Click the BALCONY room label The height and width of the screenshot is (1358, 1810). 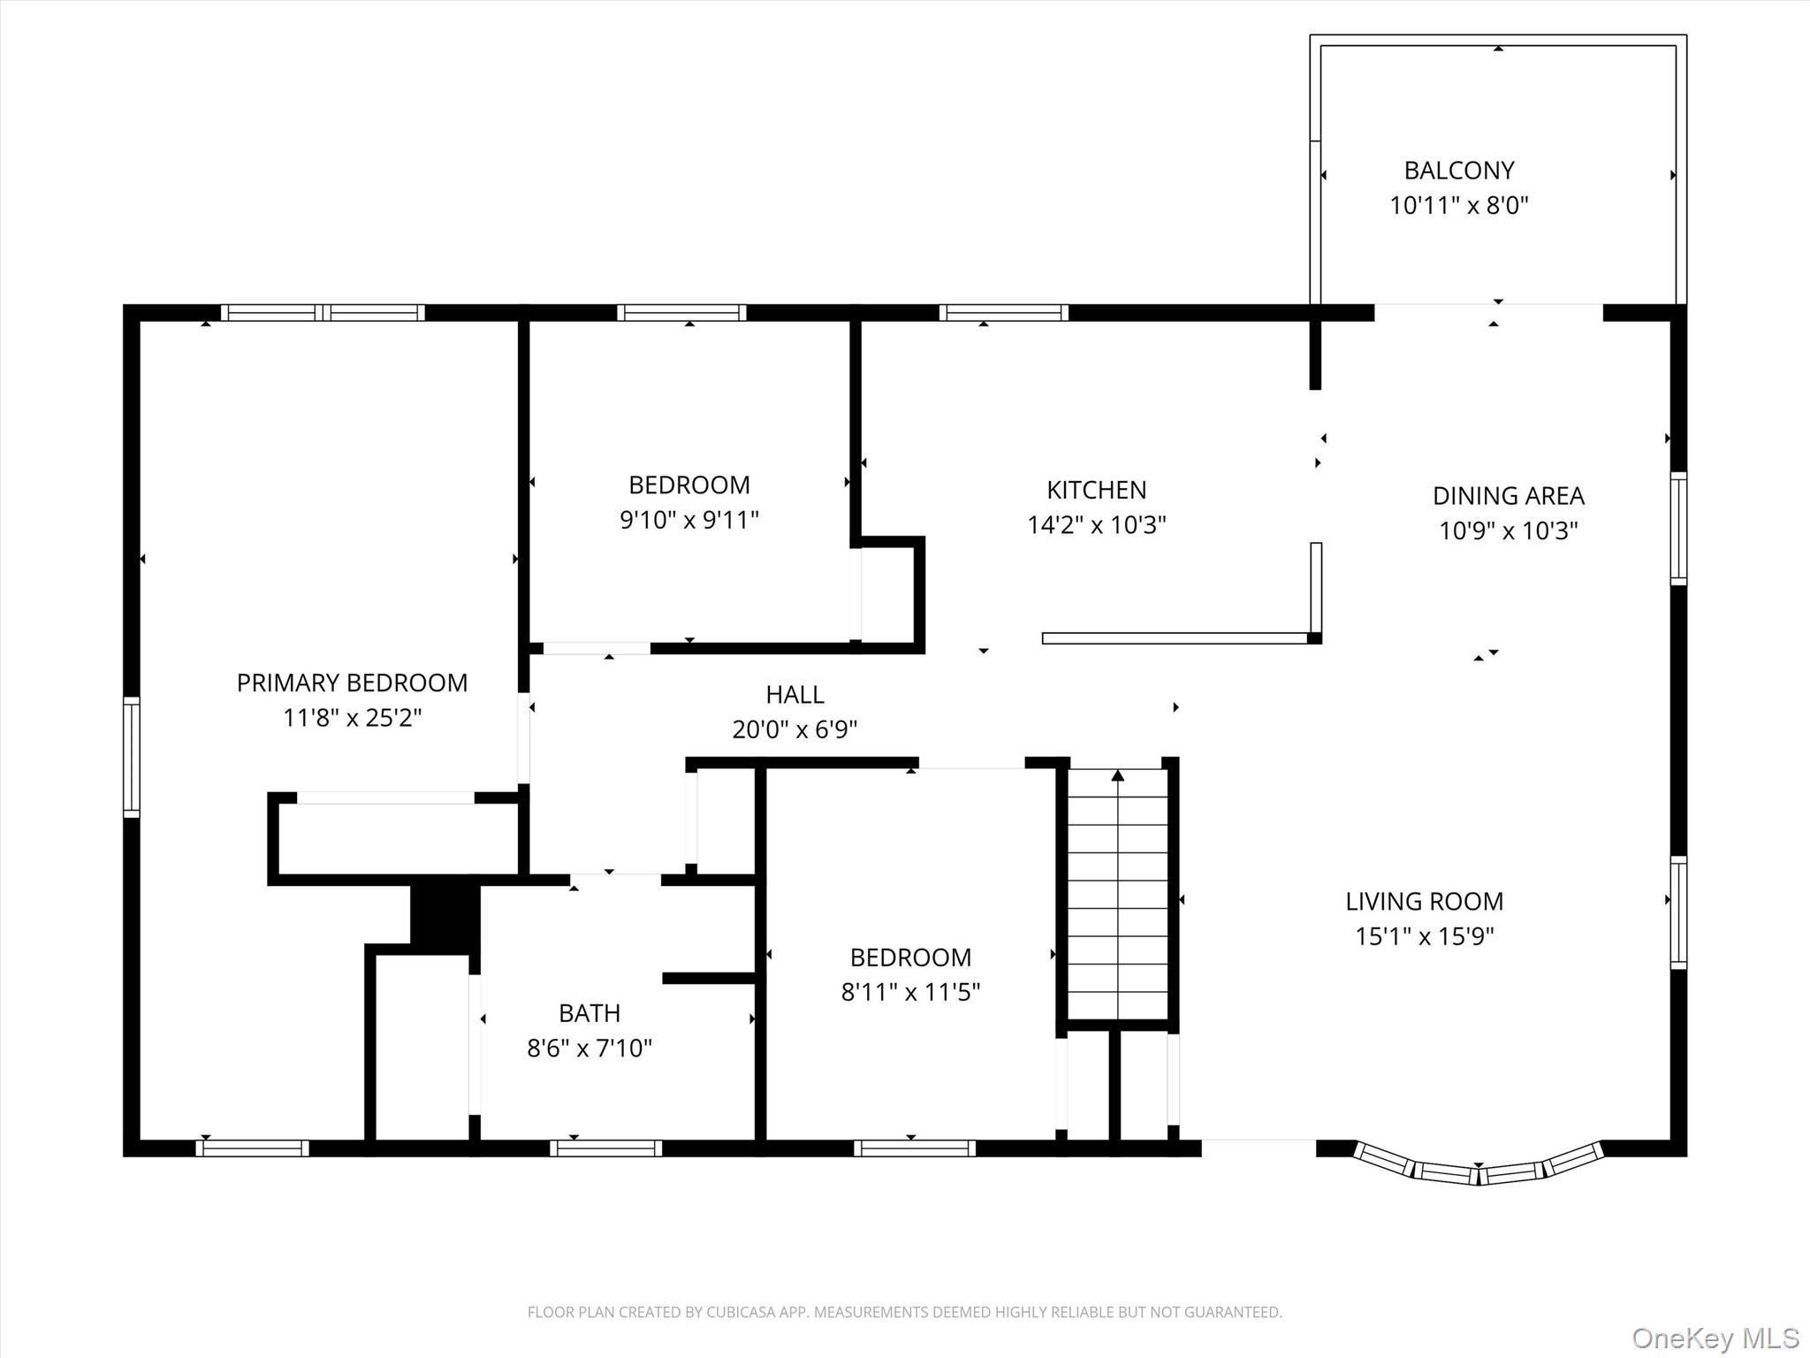click(x=1458, y=170)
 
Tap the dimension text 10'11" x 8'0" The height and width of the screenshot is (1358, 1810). click(x=1458, y=205)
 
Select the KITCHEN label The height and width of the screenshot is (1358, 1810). click(x=1096, y=490)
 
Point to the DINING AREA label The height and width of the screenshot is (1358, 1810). click(x=1508, y=495)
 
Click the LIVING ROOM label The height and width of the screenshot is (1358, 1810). click(x=1424, y=901)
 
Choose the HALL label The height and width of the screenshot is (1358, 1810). click(x=795, y=695)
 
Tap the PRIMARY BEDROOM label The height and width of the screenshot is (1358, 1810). click(x=352, y=683)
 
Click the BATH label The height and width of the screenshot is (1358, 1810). click(x=589, y=1012)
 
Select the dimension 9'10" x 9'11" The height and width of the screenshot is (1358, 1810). click(x=688, y=520)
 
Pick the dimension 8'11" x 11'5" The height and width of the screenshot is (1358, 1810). click(x=910, y=992)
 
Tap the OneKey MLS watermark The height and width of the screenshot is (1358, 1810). click(x=1715, y=1339)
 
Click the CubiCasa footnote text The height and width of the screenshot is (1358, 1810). click(x=904, y=1312)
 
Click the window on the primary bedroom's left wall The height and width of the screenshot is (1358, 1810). click(x=131, y=756)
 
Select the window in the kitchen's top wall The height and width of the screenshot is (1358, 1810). click(x=1003, y=312)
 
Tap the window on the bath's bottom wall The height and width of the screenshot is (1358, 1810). click(x=605, y=1148)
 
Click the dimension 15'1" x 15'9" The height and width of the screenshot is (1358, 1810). click(x=1424, y=936)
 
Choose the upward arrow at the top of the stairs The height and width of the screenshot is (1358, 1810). click(x=1118, y=775)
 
